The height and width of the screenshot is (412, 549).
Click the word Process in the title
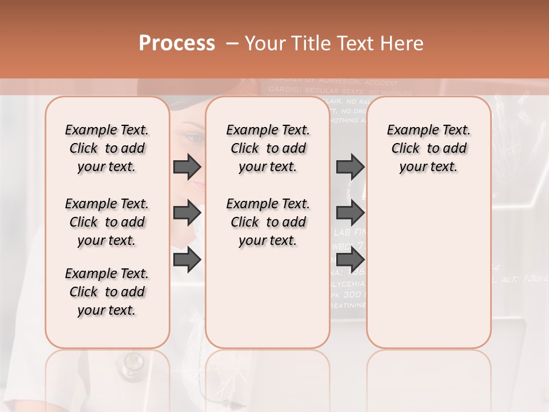(177, 43)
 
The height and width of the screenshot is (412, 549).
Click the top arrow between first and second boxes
(186, 167)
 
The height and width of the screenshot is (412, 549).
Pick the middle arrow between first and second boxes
(186, 213)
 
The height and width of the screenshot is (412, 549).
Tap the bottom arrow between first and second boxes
(186, 260)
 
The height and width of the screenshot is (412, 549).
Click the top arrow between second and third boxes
(349, 167)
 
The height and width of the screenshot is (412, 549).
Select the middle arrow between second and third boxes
(349, 213)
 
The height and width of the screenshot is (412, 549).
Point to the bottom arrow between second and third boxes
(349, 260)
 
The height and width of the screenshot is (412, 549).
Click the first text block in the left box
(107, 148)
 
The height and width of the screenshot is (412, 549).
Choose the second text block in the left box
(107, 222)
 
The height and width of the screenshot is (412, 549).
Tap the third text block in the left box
(107, 292)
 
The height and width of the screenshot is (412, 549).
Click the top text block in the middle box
(268, 148)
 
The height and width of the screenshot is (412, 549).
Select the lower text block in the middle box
(268, 222)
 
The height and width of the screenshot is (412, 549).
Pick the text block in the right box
(429, 148)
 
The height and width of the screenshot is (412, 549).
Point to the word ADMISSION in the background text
(335, 82)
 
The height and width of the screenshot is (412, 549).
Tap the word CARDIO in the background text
(284, 90)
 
